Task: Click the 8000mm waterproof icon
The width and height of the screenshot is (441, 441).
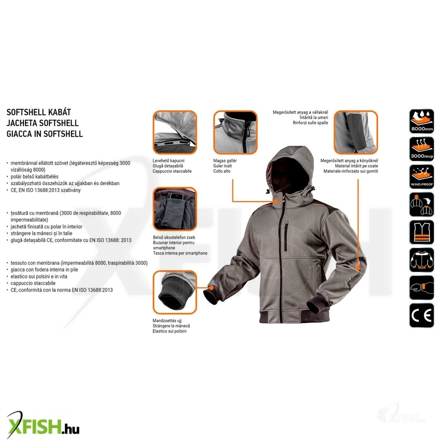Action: (422, 121)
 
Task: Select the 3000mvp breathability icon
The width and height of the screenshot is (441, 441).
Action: (422, 149)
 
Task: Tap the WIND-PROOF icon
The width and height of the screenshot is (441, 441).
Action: (422, 177)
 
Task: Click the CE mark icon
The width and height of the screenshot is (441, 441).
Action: (422, 316)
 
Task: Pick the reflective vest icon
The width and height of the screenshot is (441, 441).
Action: (422, 232)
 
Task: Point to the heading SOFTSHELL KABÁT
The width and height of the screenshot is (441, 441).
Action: (39, 112)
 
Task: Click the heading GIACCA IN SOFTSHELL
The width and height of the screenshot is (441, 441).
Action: (45, 134)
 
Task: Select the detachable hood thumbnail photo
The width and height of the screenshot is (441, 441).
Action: (175, 132)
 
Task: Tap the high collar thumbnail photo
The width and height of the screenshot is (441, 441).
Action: (236, 132)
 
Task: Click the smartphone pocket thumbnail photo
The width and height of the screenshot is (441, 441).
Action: (175, 209)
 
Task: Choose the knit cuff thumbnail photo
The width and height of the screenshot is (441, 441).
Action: (175, 292)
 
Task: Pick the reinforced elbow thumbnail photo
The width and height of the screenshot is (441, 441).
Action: (356, 132)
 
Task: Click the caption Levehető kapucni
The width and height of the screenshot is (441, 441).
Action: (168, 161)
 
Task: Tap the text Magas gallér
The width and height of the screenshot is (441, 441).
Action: (225, 161)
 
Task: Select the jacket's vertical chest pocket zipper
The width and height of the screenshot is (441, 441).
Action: (286, 237)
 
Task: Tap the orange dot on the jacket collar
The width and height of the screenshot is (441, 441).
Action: (276, 202)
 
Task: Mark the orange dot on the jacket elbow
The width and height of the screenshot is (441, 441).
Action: (358, 268)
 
